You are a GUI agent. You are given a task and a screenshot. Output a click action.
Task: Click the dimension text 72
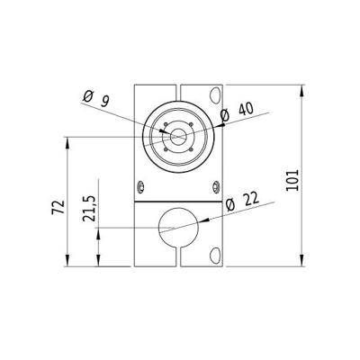(x=59, y=206)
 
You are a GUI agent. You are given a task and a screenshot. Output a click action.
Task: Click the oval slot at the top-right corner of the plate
(x=214, y=94)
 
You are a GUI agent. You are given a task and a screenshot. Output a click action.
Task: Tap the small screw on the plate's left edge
(x=139, y=186)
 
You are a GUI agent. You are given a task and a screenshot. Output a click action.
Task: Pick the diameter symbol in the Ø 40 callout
(x=225, y=113)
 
